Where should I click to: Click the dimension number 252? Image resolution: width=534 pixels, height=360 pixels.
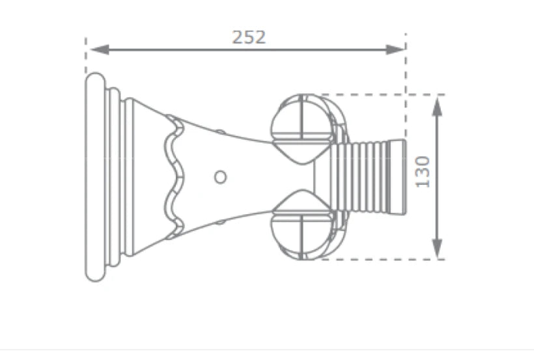249,37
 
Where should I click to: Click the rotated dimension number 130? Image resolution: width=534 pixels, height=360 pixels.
423,171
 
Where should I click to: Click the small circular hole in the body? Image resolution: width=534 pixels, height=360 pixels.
220,176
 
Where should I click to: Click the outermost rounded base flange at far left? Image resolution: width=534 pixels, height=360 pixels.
94,176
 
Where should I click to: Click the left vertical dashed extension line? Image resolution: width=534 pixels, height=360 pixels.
86,55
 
